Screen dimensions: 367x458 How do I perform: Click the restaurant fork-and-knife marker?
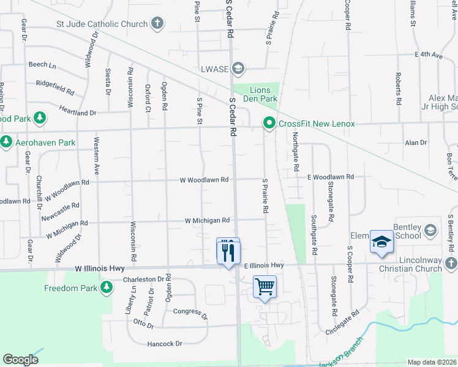[x=228, y=251]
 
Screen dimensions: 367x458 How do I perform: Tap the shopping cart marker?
[x=265, y=286]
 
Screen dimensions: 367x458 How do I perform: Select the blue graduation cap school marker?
[x=381, y=242]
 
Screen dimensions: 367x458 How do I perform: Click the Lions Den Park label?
[x=264, y=94]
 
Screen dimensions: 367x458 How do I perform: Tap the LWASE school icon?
[x=238, y=68]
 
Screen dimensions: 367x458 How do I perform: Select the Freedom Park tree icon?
[x=107, y=287]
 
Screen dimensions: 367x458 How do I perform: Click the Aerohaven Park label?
[x=46, y=143]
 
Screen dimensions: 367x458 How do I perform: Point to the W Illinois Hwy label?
[x=100, y=268]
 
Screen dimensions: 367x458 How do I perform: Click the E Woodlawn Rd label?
[x=331, y=176]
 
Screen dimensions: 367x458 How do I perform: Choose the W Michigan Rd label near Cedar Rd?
[x=207, y=220]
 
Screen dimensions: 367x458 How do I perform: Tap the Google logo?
[x=20, y=360]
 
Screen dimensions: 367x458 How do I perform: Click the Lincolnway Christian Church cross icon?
[x=451, y=263]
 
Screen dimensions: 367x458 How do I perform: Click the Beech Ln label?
[x=42, y=64]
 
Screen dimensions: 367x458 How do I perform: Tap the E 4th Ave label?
[x=429, y=54]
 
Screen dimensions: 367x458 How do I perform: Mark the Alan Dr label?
[x=416, y=143]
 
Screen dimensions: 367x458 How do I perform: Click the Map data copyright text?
[x=432, y=362]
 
